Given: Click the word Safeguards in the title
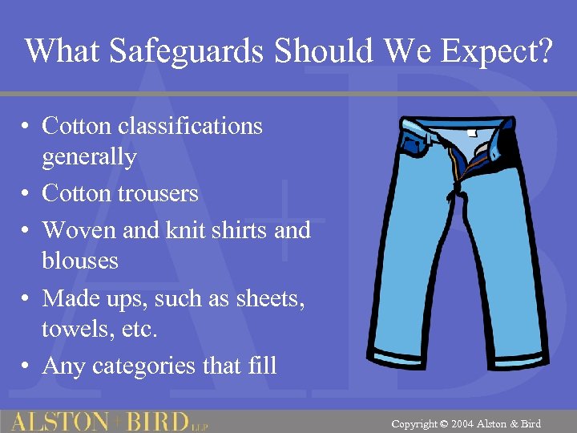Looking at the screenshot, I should tap(187, 52).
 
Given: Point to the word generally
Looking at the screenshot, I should tap(89, 157).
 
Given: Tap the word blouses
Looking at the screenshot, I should tap(80, 261).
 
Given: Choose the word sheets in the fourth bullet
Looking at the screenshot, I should tap(268, 298).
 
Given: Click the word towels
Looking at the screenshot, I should tap(74, 329).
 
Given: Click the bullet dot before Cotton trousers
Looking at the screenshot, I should tap(26, 194).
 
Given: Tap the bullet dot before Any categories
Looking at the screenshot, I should tap(26, 366).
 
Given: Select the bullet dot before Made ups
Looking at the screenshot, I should tap(26, 299).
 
